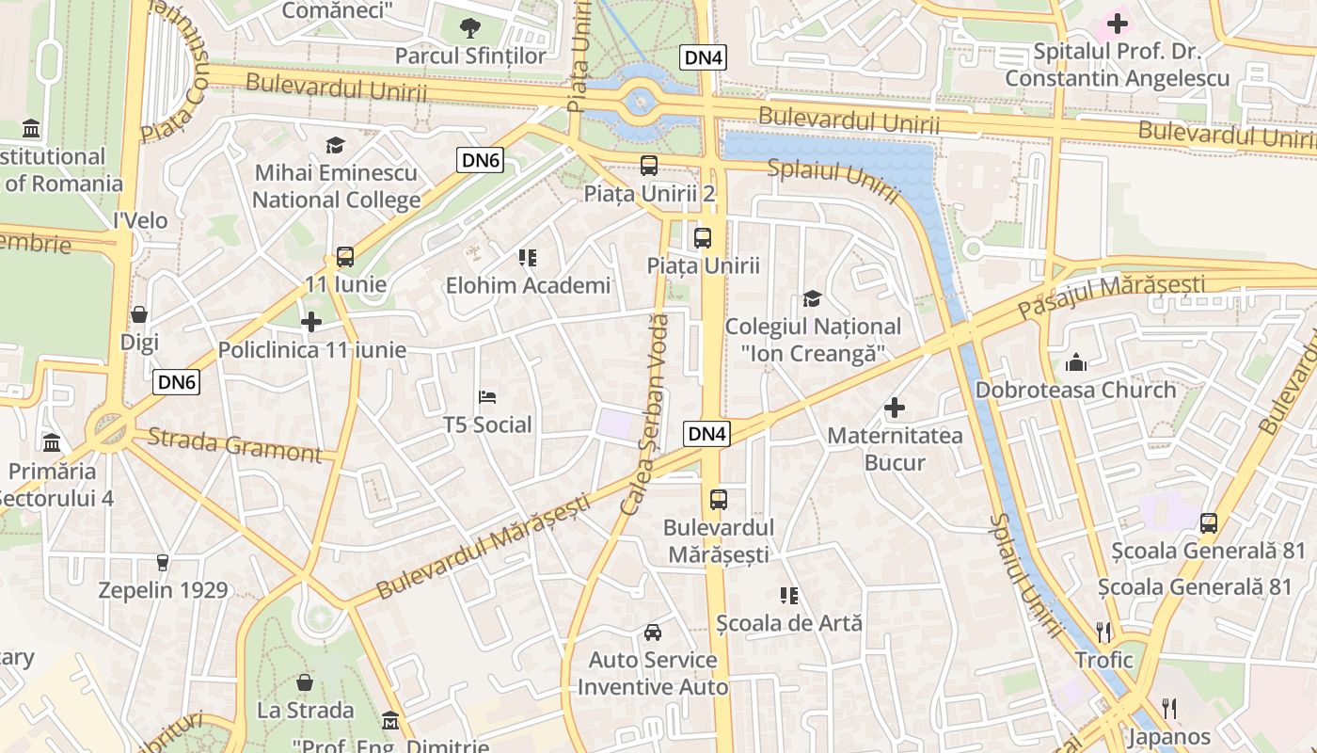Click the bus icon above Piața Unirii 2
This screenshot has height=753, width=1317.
pyautogui.click(x=649, y=166)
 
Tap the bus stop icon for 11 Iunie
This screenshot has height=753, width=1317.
pyautogui.click(x=345, y=256)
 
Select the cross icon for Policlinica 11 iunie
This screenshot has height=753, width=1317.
pyautogui.click(x=311, y=322)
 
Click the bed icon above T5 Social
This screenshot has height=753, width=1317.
pyautogui.click(x=487, y=396)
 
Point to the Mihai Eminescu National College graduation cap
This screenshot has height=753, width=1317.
pyautogui.click(x=335, y=145)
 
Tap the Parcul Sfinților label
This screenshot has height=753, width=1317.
pyautogui.click(x=469, y=56)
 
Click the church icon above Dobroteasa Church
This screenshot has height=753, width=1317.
pyautogui.click(x=1076, y=361)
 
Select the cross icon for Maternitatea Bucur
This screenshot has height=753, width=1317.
pyautogui.click(x=895, y=408)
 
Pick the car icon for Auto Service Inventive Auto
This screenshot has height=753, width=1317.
pyautogui.click(x=653, y=632)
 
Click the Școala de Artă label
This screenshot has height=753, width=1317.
pyautogui.click(x=788, y=623)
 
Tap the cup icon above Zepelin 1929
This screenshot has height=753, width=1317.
pyautogui.click(x=163, y=563)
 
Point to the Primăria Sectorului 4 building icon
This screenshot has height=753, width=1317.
pyautogui.click(x=52, y=442)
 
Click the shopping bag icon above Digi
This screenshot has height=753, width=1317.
pyautogui.click(x=139, y=314)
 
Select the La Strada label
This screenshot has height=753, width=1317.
pyautogui.click(x=306, y=710)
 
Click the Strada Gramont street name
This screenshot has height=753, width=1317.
pyautogui.click(x=235, y=444)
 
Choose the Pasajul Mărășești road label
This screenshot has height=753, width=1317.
pyautogui.click(x=1112, y=296)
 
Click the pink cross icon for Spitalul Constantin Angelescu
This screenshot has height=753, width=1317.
pyautogui.click(x=1118, y=23)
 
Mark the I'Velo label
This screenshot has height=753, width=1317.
pyautogui.click(x=140, y=220)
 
